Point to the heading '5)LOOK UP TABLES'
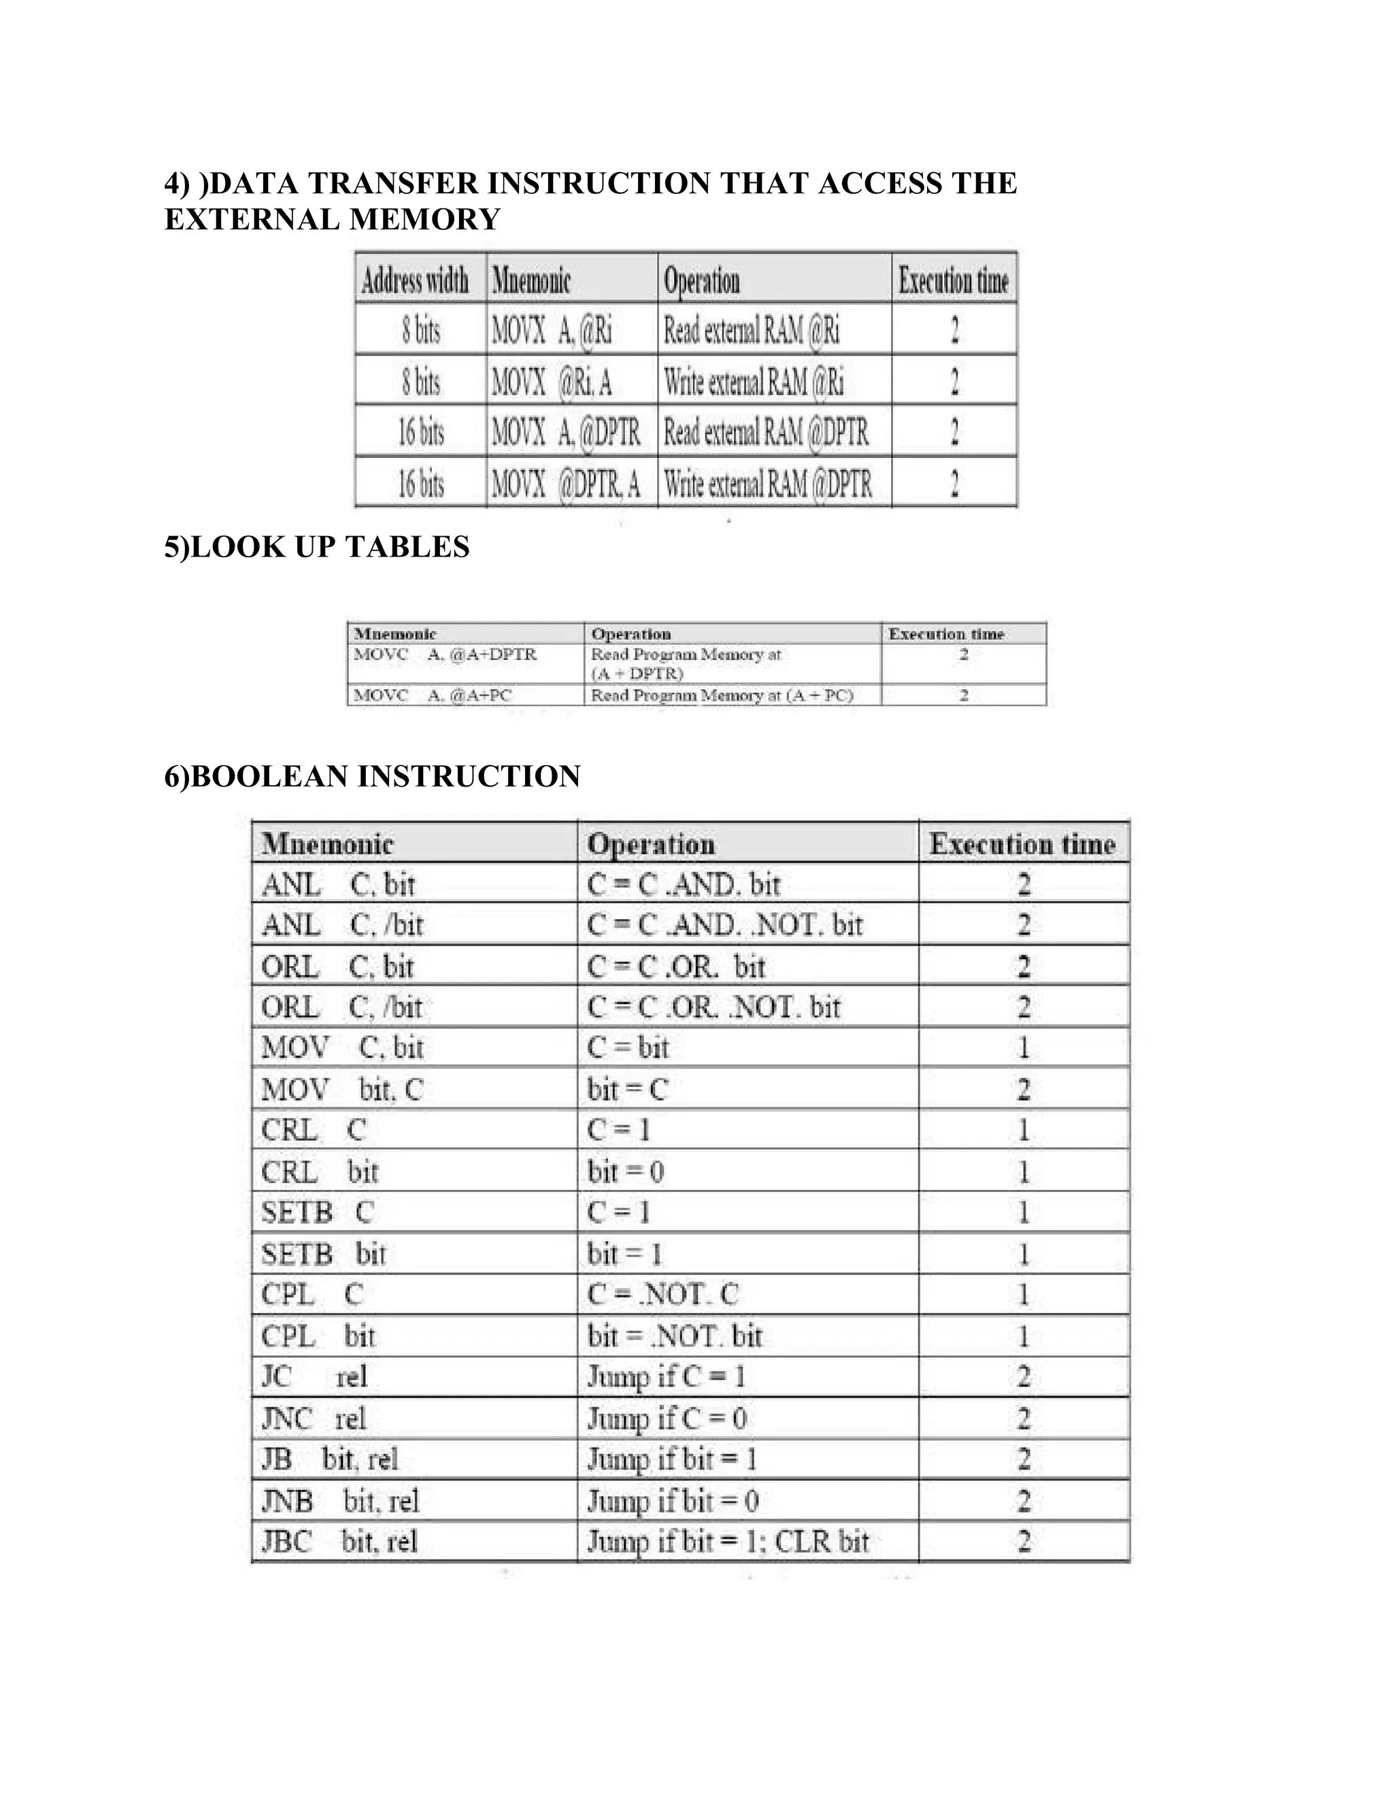click(317, 546)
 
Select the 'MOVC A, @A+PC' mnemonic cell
click(433, 695)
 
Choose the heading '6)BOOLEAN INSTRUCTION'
click(372, 776)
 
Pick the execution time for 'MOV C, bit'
click(1023, 1048)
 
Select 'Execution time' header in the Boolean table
click(1022, 844)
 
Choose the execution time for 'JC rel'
click(1023, 1376)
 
